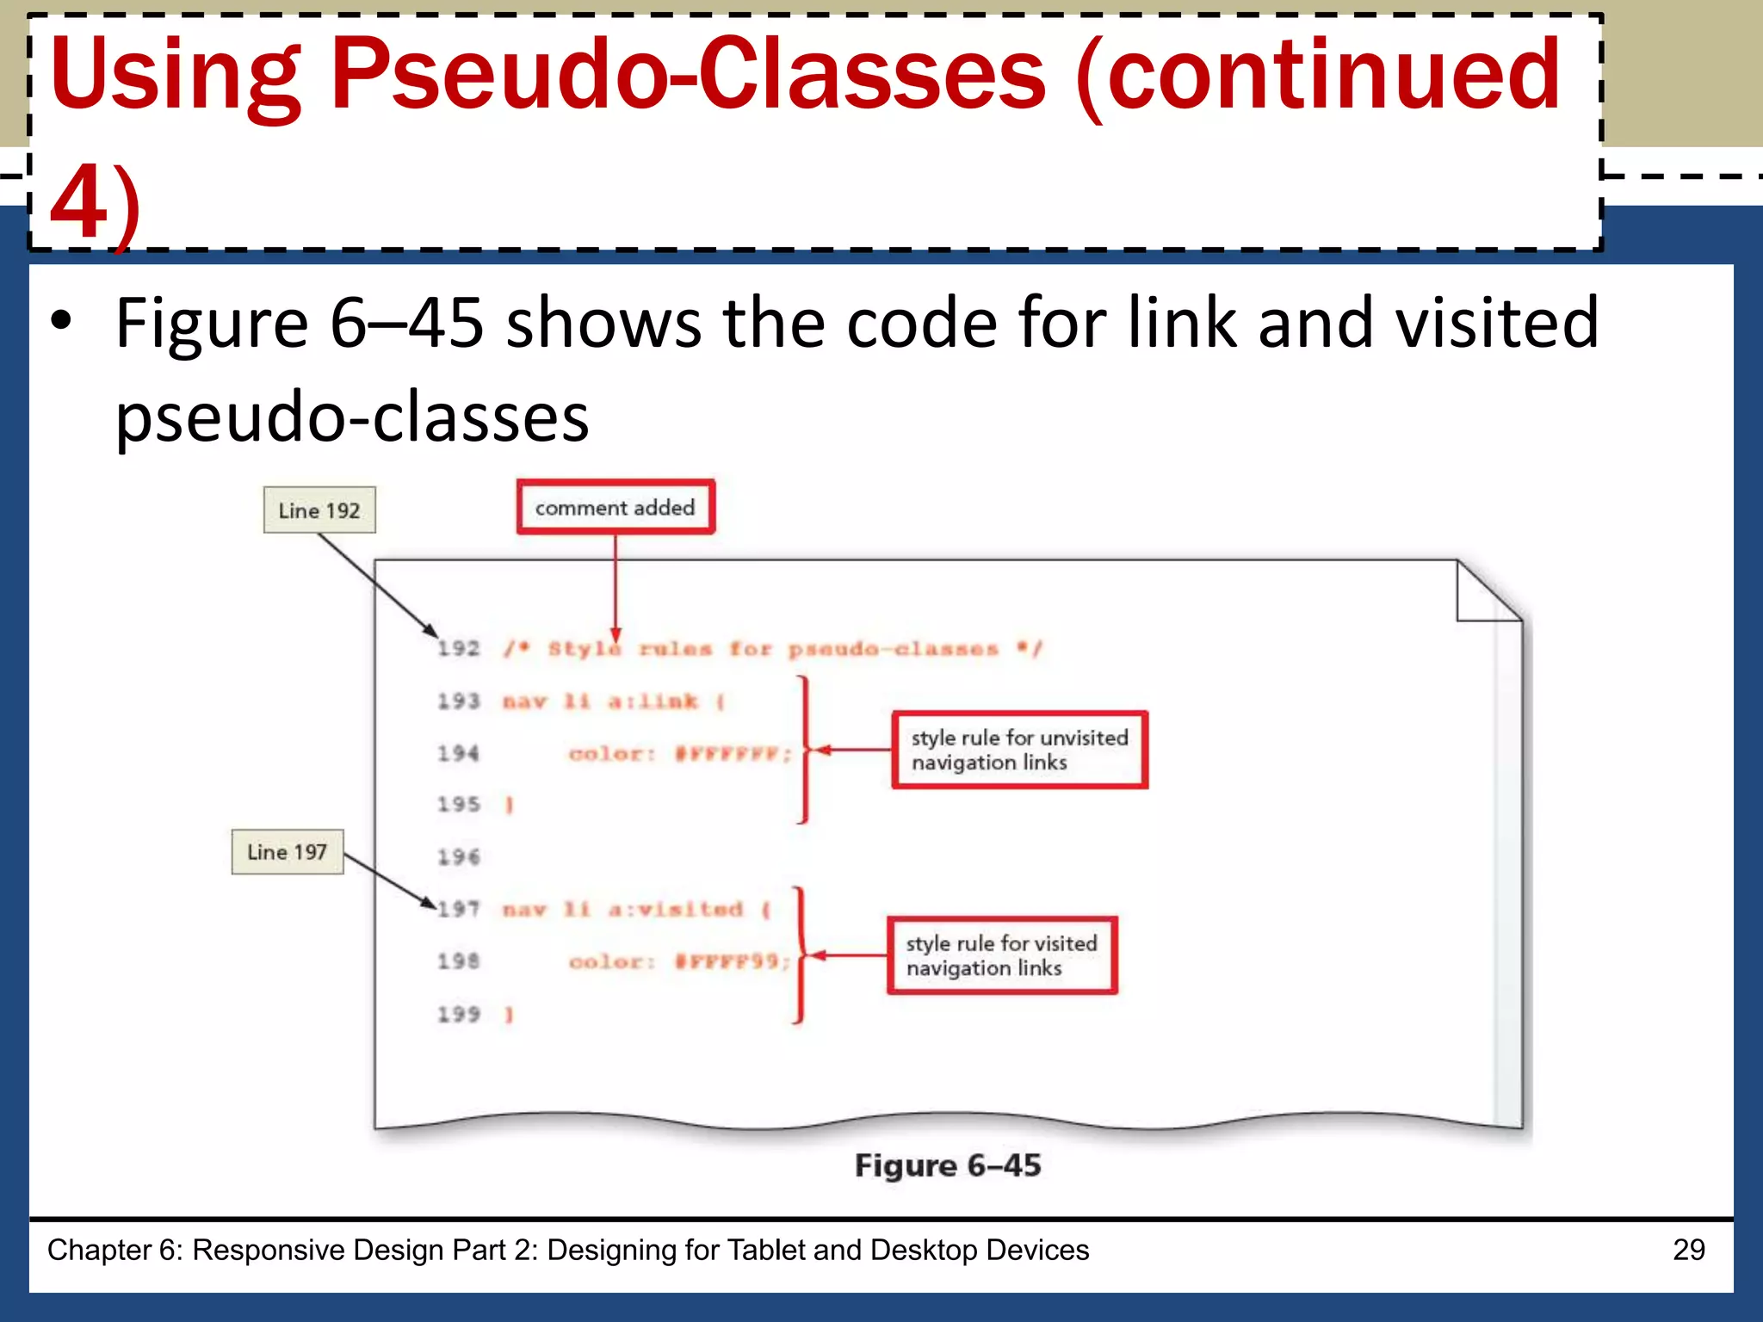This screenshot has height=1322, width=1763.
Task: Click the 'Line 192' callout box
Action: click(319, 510)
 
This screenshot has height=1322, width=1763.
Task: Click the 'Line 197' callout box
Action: click(287, 852)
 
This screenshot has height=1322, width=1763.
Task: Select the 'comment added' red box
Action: click(616, 508)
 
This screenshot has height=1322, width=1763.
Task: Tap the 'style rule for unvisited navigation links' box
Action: click(1019, 750)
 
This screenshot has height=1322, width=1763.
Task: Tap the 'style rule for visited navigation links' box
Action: click(1002, 955)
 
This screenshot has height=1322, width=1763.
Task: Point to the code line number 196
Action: click(458, 857)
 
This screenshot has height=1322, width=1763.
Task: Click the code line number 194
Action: click(458, 754)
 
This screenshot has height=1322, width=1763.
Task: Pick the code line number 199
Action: click(458, 1015)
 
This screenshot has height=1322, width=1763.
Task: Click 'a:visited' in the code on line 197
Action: click(676, 910)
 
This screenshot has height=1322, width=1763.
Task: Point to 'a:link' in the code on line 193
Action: click(653, 702)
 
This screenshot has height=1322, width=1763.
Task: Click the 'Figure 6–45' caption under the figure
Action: click(948, 1165)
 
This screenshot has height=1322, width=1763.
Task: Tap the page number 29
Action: click(1688, 1250)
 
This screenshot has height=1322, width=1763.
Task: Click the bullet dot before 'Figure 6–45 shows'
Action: click(61, 321)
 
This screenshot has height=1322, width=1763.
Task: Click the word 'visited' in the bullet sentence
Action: click(1496, 323)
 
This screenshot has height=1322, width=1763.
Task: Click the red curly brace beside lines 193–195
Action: click(805, 750)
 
